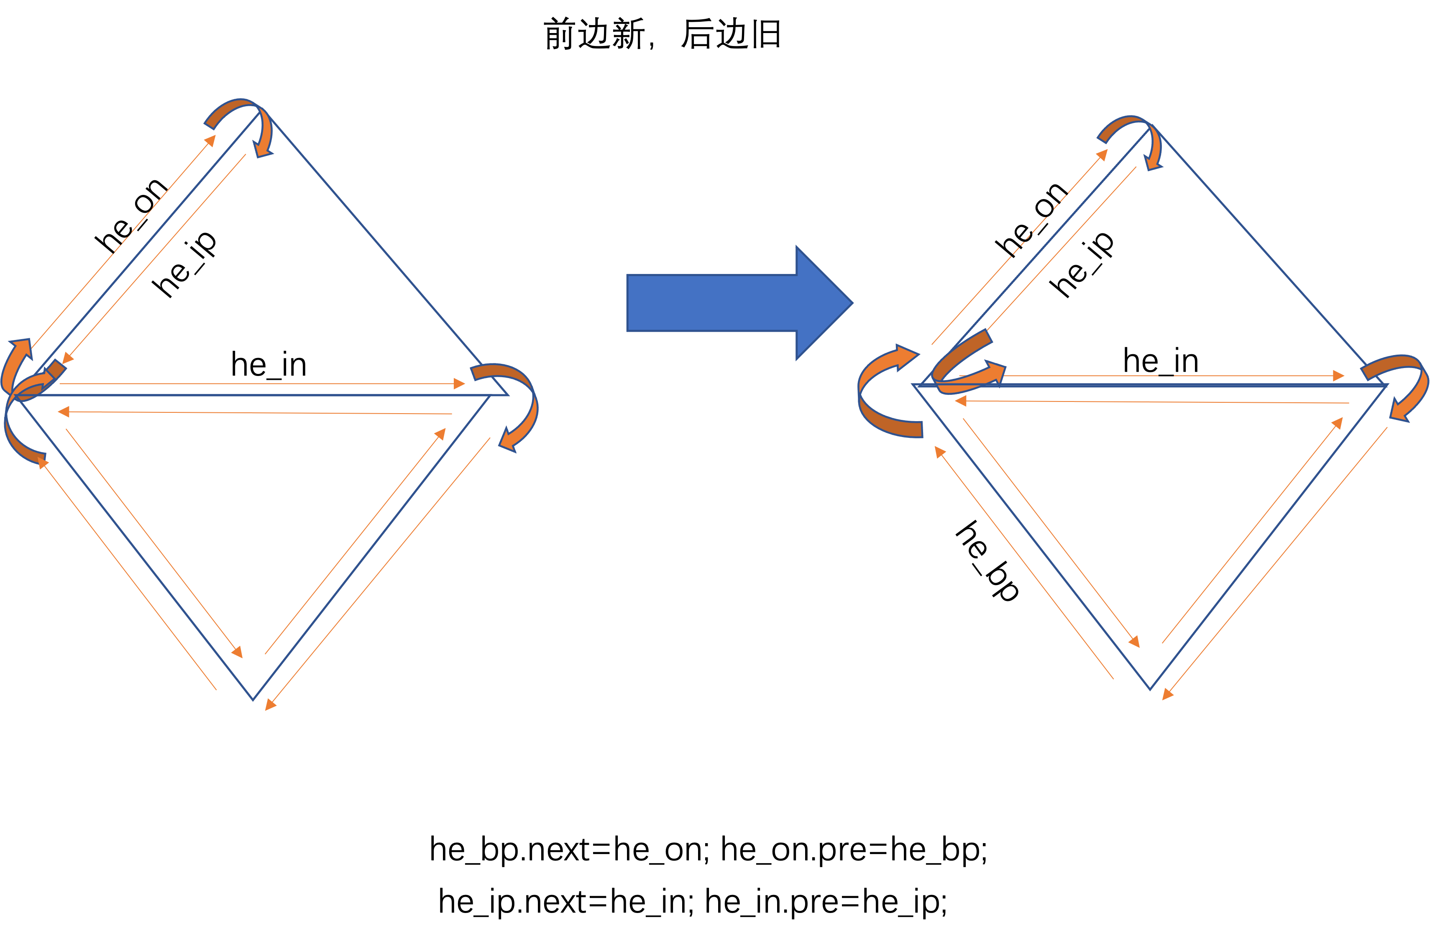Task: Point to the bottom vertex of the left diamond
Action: click(x=253, y=699)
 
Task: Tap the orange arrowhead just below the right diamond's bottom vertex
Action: click(x=1167, y=695)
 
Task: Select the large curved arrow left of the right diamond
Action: click(x=886, y=394)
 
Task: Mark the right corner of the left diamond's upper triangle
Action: click(x=508, y=395)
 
